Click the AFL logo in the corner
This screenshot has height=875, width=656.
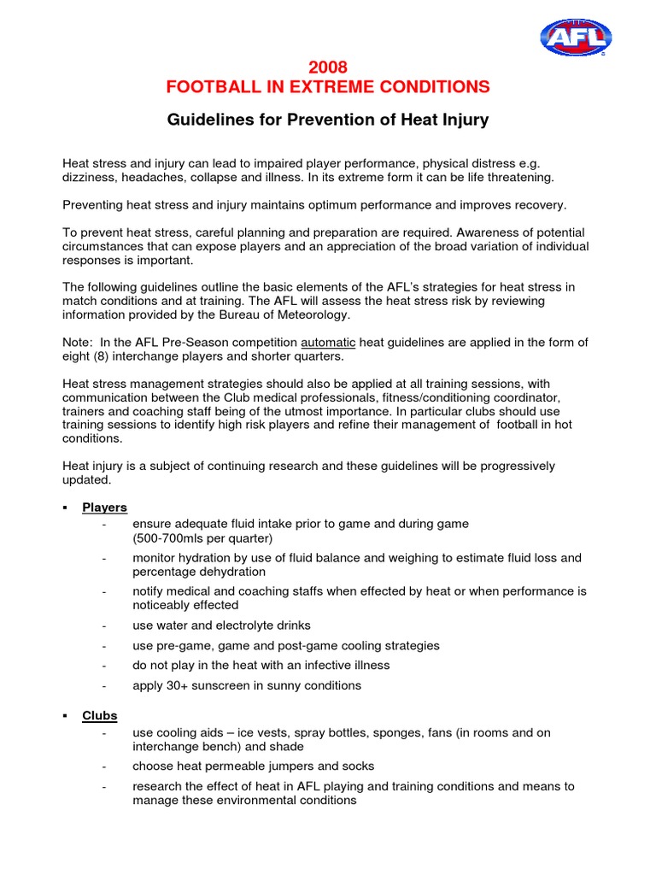click(x=575, y=37)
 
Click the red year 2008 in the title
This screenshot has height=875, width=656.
click(x=328, y=68)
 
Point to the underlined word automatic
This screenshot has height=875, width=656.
click(x=330, y=343)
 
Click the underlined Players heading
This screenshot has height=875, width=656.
click(x=104, y=508)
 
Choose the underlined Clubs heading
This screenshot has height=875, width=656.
click(x=100, y=715)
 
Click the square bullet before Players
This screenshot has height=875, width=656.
click(x=66, y=508)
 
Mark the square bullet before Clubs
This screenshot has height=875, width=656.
click(x=66, y=715)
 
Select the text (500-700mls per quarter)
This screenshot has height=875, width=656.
click(x=202, y=538)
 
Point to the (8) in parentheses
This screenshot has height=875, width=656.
click(x=104, y=356)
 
